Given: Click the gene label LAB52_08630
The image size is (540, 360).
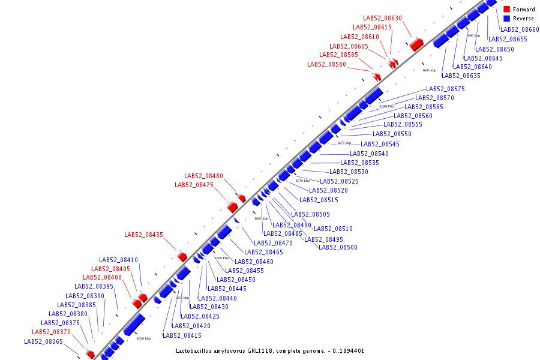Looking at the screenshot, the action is [382, 18].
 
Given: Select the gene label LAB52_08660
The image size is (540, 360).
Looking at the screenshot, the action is [520, 29].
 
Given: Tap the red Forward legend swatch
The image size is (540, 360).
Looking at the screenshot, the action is [506, 10].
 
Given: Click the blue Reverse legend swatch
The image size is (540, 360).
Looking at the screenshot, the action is [506, 19].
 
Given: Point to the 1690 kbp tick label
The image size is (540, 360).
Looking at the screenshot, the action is [473, 35].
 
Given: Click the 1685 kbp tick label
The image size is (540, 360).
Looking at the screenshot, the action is [429, 70].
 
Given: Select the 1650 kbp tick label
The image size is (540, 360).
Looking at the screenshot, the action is [143, 338].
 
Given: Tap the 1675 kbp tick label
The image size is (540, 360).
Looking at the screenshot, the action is [344, 143].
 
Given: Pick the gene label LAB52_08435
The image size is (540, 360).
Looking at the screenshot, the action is [143, 235].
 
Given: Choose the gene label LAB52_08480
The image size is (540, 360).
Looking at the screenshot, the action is [203, 176].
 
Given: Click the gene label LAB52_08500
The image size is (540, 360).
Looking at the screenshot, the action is [338, 247].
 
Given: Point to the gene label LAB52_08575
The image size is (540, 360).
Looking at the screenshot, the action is [445, 89].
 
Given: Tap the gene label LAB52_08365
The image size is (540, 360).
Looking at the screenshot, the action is [43, 341].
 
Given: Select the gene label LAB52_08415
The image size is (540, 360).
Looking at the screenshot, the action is [182, 335].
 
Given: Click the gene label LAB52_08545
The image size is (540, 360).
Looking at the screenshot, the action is [380, 144].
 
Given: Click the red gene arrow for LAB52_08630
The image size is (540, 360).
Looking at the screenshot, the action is [416, 44].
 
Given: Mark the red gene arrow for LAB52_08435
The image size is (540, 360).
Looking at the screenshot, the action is [182, 257].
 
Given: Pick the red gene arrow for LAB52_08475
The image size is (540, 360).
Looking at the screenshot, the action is [232, 207].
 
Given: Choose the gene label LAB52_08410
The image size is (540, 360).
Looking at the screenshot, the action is [119, 260].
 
